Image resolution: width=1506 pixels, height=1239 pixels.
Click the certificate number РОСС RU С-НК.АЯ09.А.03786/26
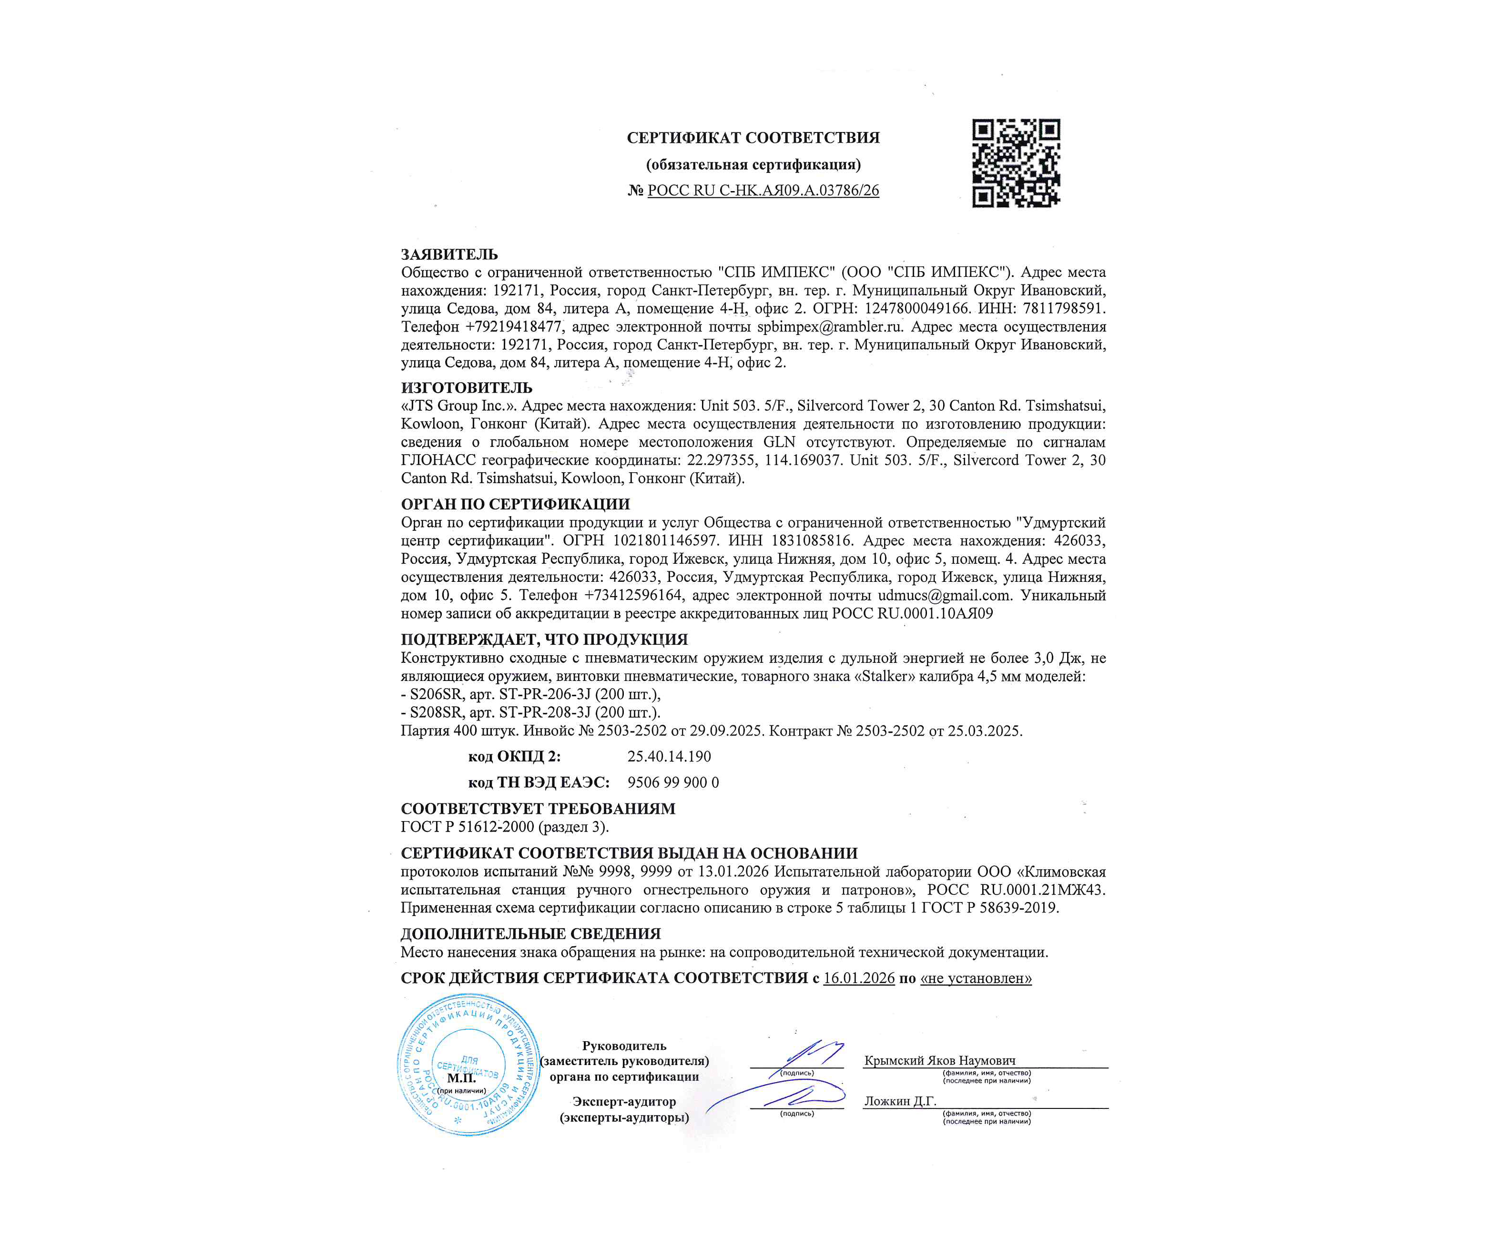(763, 191)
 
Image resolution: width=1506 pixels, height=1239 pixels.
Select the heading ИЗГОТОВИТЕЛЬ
(466, 387)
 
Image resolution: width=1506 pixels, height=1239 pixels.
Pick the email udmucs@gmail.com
(944, 595)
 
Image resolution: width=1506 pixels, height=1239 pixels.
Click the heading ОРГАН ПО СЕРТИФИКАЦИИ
(515, 504)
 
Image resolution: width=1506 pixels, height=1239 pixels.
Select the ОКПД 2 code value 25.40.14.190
(669, 757)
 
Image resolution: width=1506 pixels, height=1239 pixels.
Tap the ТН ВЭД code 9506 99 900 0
(673, 782)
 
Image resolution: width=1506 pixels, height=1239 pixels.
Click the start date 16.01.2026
(859, 978)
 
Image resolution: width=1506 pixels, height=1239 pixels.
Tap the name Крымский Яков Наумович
(939, 1061)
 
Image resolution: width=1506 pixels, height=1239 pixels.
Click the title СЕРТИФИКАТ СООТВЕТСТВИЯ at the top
(753, 138)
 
